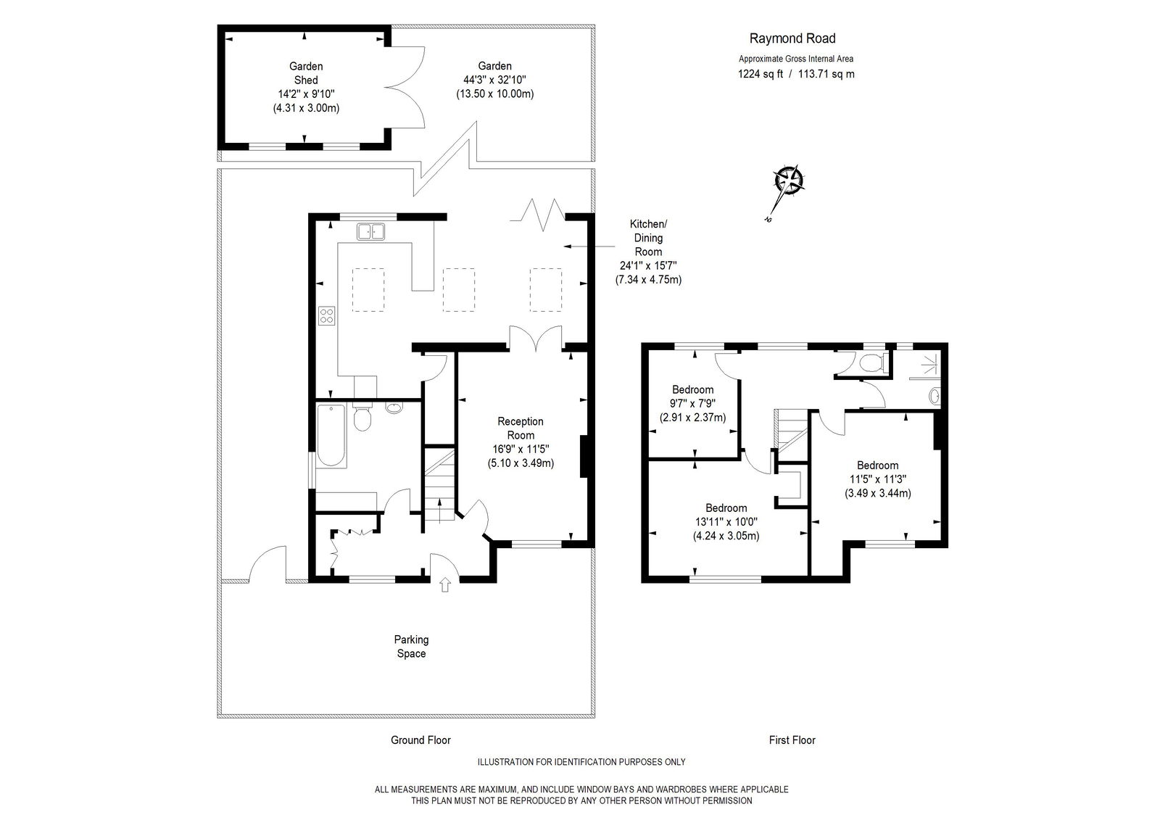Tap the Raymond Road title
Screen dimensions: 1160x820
click(792, 38)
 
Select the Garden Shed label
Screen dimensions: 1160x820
click(306, 73)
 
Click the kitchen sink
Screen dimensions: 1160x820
click(370, 231)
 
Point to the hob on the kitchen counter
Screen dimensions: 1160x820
click(327, 316)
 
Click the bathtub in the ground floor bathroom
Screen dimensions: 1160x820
click(331, 436)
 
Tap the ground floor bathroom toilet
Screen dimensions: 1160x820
click(362, 418)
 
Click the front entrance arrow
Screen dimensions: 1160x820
click(445, 585)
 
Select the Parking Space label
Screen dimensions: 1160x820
click(411, 647)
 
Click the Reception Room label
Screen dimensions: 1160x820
click(521, 428)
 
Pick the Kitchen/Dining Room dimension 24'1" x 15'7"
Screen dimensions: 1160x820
click(648, 266)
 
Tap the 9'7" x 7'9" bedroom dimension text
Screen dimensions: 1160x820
click(693, 404)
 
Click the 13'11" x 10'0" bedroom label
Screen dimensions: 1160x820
click(726, 522)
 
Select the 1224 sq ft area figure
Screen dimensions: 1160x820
click(761, 74)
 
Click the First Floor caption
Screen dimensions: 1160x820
click(792, 740)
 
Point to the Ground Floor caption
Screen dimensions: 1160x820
click(420, 740)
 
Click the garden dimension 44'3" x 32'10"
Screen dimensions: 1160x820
click(494, 80)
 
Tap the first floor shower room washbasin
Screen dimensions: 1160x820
click(935, 397)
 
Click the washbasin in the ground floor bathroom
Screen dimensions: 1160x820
click(394, 407)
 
